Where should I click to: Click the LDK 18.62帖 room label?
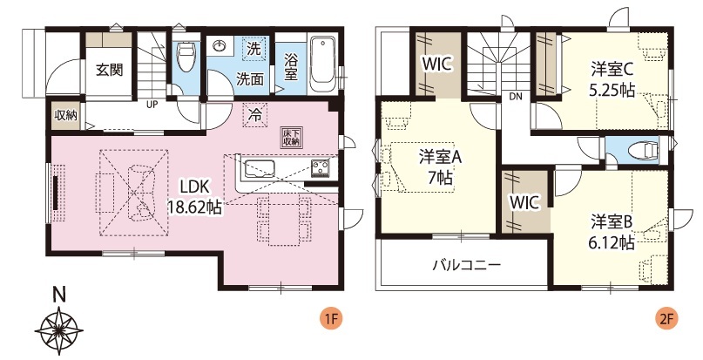coord(195,197)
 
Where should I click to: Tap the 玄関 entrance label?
coord(110,70)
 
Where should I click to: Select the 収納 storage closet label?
coord(66,115)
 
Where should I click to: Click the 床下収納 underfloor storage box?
coord(291,138)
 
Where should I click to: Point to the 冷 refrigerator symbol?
coord(254,115)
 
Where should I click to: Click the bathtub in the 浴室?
coord(322,66)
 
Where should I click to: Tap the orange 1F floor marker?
coord(331,319)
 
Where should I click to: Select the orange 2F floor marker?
coord(666,319)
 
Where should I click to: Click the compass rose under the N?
coord(58,330)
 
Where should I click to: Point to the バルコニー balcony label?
coord(466,265)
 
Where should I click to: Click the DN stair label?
coord(515,96)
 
